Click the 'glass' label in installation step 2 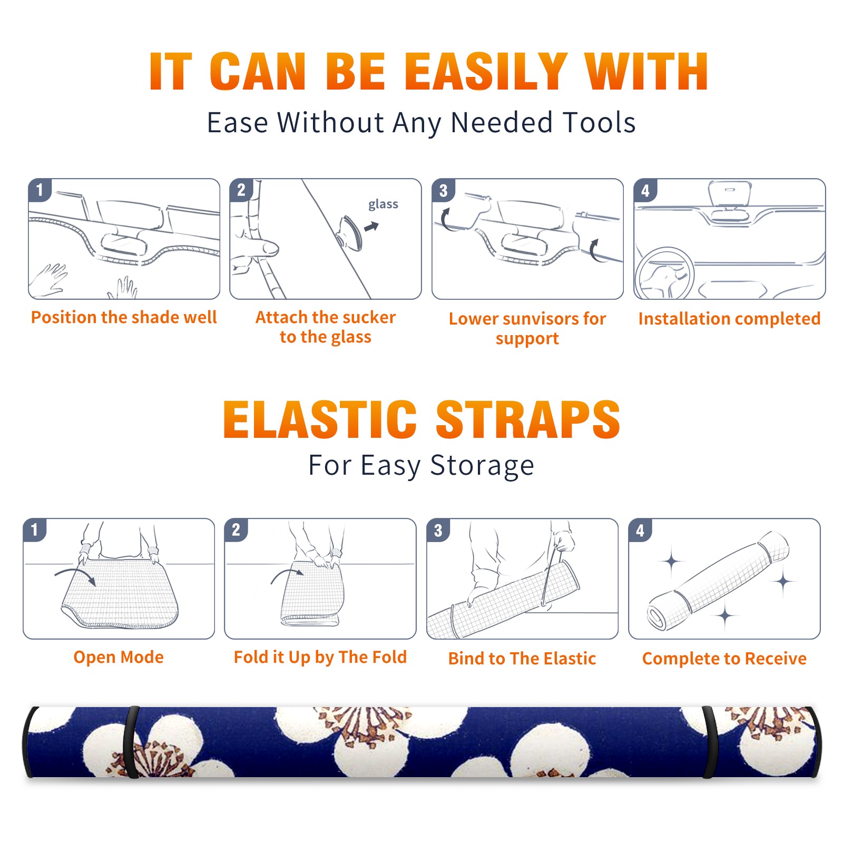(x=383, y=204)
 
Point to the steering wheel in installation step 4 (x=664, y=273)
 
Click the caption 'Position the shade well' (x=124, y=317)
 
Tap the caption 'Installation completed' (x=729, y=319)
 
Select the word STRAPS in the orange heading (x=528, y=419)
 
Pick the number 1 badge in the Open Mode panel (x=35, y=530)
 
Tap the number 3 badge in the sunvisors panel (x=443, y=190)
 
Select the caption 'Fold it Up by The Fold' (x=320, y=657)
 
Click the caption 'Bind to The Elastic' (x=522, y=659)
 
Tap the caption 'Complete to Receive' (x=724, y=659)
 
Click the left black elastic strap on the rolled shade (x=131, y=742)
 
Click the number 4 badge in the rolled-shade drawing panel (x=640, y=530)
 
